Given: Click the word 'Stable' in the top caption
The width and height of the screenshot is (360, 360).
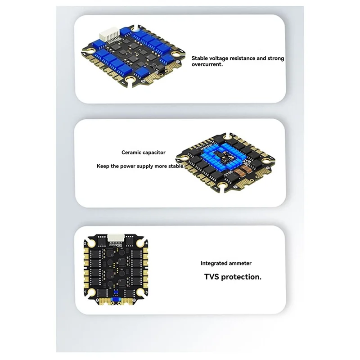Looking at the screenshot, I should [201, 58].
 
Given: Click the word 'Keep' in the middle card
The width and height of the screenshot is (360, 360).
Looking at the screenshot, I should [103, 166].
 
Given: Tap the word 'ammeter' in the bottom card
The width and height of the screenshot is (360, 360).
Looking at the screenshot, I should [241, 263].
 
